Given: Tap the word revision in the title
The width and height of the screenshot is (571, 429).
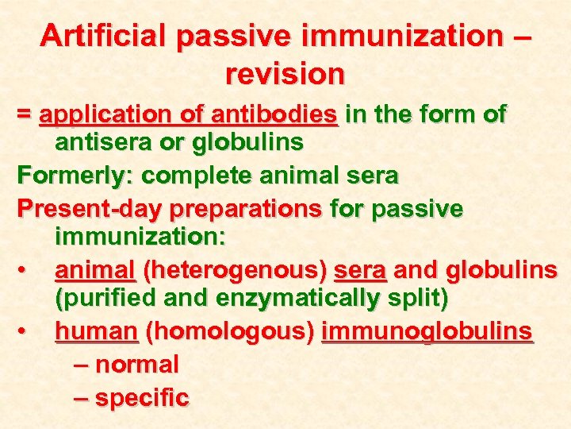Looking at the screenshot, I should coord(285,75).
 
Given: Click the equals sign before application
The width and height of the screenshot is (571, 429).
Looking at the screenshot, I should coord(25,115).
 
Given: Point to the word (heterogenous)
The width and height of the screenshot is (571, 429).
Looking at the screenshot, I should coord(233,272).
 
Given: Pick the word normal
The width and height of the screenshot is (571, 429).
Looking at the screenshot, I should coord(136,365).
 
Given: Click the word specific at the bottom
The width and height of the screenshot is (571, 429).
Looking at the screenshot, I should coord(142,397).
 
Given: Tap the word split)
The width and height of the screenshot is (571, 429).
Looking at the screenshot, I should coord(416,300).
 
